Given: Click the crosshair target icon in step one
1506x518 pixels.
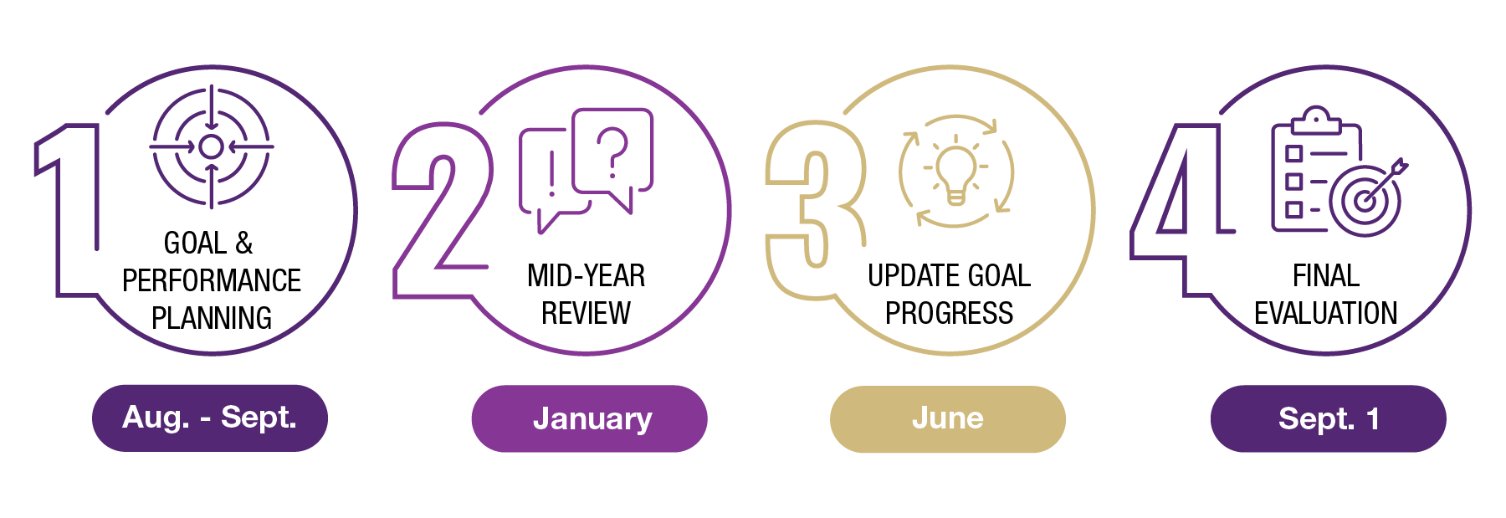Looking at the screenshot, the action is point(212,146).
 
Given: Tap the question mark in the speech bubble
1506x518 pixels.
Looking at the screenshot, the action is point(612,151).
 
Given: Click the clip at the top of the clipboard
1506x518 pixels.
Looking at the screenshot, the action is point(1316,121).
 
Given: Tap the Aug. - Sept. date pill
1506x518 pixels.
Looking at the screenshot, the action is point(210,418).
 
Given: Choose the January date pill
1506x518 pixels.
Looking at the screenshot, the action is point(590,418).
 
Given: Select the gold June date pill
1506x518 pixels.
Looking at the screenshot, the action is point(948,418).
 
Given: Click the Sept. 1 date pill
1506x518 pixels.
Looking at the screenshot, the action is point(1329,418).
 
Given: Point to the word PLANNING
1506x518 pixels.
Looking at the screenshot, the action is point(212,318).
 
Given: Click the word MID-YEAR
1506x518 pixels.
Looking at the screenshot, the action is point(587,275).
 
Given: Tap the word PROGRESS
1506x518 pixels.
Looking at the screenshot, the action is point(950,313).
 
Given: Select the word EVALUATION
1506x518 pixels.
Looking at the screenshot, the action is point(1326,313).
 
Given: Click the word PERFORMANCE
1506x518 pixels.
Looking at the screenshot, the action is point(212,280).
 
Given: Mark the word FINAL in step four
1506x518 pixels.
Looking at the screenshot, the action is point(1326,275).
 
